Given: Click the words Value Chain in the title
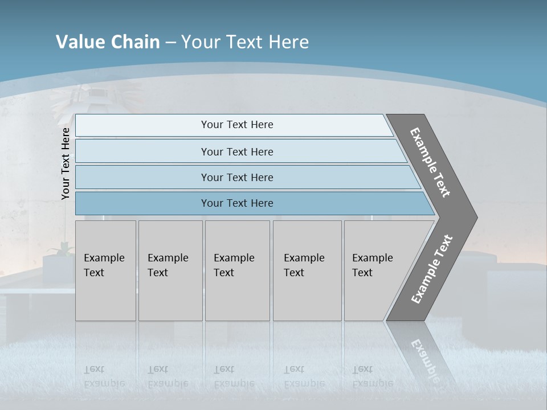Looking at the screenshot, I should coord(108,42).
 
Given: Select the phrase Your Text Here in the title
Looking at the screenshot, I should coord(245,42).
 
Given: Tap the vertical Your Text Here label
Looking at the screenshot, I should coord(66,163).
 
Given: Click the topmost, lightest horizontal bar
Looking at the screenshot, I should coord(236,125).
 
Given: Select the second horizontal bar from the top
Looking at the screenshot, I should coord(236,151).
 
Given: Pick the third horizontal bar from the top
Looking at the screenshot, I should coord(236,177).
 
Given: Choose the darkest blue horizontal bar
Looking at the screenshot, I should coord(236,203).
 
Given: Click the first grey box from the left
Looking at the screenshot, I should coord(105,270).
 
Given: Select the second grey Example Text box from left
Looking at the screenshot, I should coord(170,270).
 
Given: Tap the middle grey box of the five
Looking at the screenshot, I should coord(237,270).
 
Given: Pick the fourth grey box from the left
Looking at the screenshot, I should coord(307,270).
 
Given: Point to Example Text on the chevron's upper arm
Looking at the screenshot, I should coord(430,162).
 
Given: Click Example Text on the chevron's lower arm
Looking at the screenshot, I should coord(432,269).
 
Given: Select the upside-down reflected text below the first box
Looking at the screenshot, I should coord(104,376).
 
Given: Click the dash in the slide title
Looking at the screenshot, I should coord(170,43).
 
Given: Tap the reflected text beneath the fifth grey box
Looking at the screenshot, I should coord(372,376).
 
